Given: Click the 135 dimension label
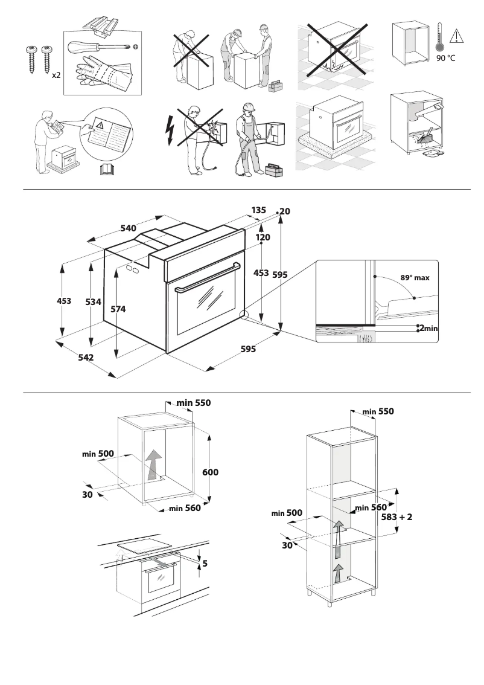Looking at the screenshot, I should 258,210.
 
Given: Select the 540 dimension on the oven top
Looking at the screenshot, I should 128,228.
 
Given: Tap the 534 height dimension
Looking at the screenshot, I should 92,302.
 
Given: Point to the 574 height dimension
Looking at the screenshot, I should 119,309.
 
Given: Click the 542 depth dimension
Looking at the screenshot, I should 85,358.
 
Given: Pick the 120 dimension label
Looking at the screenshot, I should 262,238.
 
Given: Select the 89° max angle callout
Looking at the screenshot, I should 415,278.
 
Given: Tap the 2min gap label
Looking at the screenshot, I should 427,329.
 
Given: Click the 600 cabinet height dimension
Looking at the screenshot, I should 210,472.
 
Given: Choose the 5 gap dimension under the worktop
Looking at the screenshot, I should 205,564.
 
